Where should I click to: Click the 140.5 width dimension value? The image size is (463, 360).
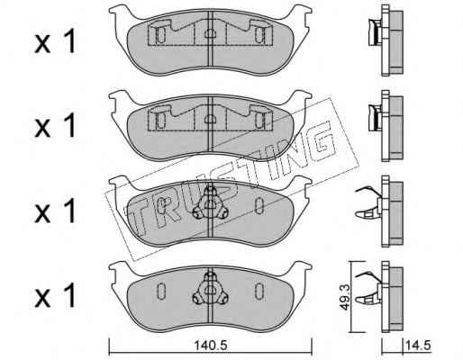[211, 346]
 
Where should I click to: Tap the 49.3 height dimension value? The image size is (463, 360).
[345, 297]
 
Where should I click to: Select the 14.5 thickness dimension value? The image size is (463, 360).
[418, 346]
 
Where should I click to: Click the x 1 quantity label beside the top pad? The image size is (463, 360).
[55, 43]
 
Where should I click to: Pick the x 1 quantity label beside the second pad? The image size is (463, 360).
[55, 126]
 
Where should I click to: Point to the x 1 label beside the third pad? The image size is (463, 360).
[55, 211]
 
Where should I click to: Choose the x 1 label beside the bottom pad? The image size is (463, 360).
[55, 296]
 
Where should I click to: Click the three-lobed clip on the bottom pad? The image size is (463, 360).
[210, 290]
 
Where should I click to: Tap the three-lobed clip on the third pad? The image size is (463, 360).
[210, 204]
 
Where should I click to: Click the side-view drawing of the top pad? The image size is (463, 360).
[386, 40]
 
